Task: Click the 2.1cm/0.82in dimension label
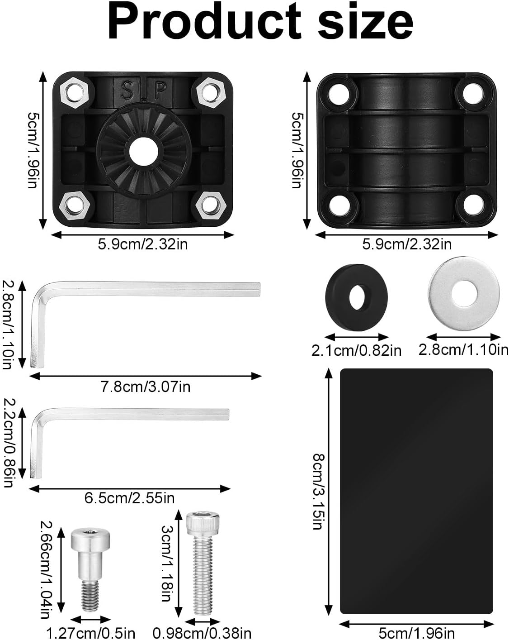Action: tap(356, 350)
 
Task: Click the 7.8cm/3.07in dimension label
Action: tap(145, 387)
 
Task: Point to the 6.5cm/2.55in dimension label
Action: tap(130, 498)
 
